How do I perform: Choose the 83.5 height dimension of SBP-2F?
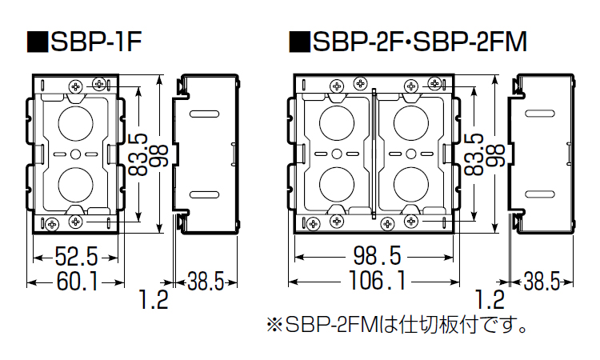pos(477,153)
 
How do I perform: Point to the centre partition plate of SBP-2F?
pos(374,152)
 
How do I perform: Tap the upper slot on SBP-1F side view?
pos(210,114)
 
